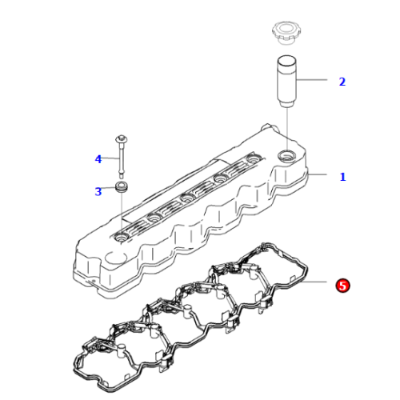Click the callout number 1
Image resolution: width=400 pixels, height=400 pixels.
[342, 177]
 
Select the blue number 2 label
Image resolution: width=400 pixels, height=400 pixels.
[342, 82]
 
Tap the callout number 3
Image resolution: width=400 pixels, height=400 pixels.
[98, 191]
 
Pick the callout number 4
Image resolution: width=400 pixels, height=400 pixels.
[98, 159]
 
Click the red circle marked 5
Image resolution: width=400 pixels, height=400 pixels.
[342, 285]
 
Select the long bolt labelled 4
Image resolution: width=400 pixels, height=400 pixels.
[122, 157]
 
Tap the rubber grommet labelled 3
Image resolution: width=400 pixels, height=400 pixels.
[122, 188]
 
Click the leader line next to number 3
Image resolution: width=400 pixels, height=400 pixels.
[110, 190]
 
